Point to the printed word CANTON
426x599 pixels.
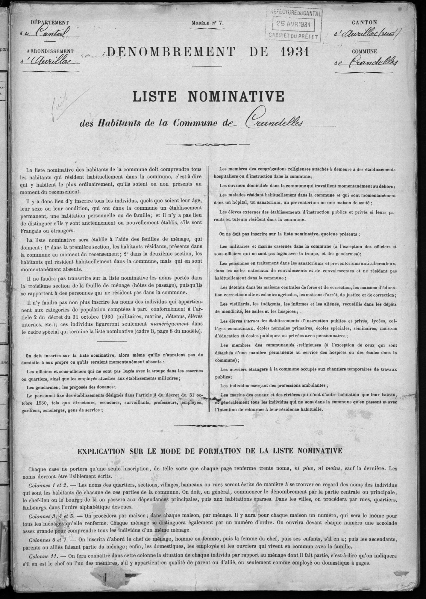click(364, 22)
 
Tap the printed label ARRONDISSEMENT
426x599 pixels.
click(50, 52)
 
